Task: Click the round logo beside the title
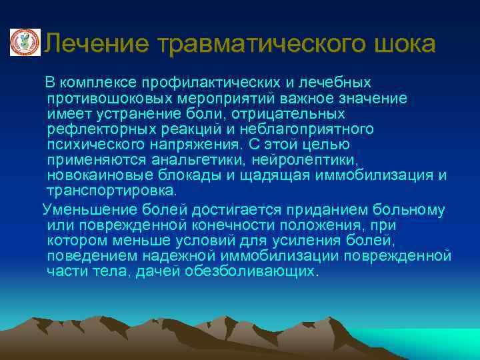25,43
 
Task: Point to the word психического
90,144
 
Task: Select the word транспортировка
112,191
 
